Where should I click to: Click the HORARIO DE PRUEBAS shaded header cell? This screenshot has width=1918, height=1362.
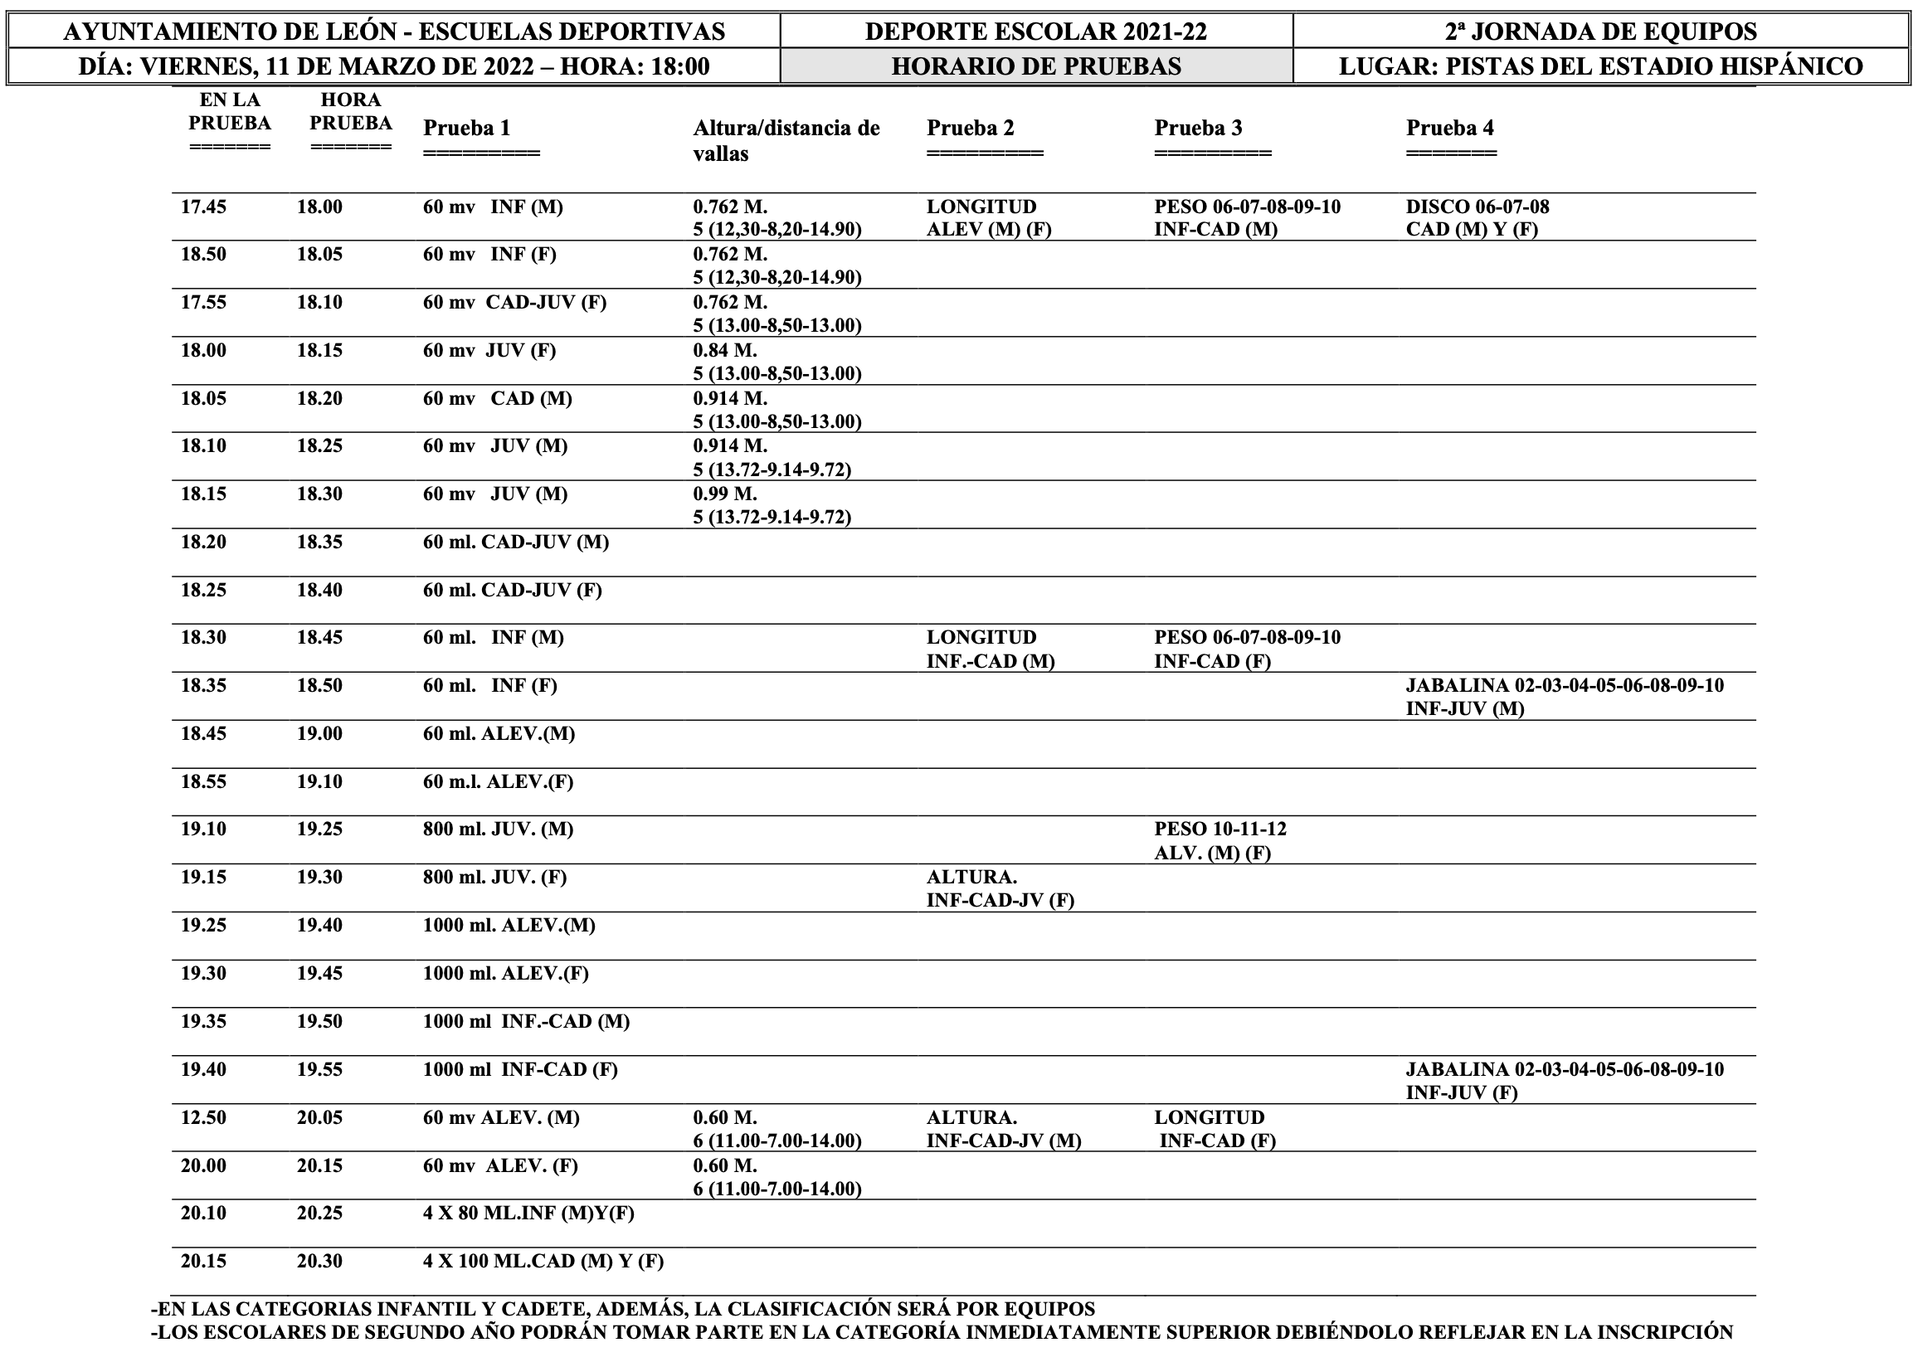point(1036,66)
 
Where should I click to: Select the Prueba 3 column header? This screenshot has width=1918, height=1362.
point(1198,129)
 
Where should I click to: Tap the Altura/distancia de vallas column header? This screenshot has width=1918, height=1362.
point(786,140)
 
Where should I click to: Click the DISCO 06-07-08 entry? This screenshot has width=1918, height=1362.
point(1477,207)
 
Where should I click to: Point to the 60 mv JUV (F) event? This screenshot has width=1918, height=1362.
point(489,351)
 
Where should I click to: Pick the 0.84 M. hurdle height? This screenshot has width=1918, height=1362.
point(724,351)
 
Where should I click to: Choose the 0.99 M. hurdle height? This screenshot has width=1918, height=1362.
point(724,494)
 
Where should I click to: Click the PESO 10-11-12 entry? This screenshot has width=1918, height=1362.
point(1219,829)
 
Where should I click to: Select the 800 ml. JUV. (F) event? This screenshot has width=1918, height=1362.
point(494,878)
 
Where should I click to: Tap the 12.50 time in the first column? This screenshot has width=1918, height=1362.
point(203,1117)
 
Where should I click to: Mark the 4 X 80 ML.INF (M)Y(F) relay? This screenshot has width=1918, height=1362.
point(528,1213)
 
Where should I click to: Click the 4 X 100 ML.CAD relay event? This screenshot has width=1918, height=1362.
point(543,1262)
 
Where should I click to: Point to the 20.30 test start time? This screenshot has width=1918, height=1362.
point(319,1262)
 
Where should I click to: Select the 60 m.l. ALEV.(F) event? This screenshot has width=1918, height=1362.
point(497,781)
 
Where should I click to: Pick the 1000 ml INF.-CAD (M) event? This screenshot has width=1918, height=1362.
point(526,1022)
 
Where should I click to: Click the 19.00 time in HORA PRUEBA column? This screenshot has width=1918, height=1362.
point(319,734)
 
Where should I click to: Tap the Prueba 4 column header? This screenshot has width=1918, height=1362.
point(1449,129)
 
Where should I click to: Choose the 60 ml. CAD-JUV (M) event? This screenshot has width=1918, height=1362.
point(515,542)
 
